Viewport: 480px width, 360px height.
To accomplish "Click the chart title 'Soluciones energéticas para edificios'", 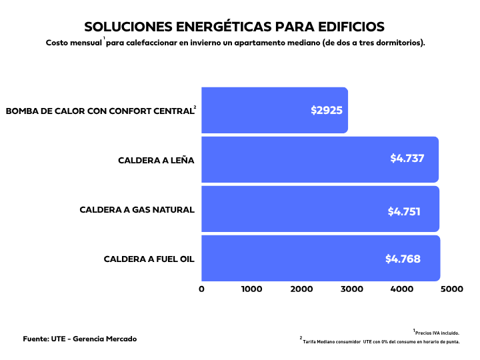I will (x=234, y=27).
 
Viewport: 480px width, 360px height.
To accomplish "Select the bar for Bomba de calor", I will (x=274, y=110).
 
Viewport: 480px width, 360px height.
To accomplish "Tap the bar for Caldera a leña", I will (x=319, y=159).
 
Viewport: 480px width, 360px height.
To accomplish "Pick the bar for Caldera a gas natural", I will (x=320, y=209).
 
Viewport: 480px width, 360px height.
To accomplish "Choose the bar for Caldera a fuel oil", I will (x=320, y=258).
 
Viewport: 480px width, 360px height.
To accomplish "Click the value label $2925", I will (x=327, y=110).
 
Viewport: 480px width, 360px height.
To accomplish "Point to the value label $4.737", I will (x=407, y=159).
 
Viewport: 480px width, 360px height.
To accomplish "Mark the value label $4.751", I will (x=404, y=211).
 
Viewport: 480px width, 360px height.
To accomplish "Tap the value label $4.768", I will (x=403, y=259).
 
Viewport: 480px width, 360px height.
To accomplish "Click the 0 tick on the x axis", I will (x=202, y=289).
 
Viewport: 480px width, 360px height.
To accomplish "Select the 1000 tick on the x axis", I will (x=251, y=289).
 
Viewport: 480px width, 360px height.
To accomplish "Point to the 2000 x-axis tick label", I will (x=301, y=289).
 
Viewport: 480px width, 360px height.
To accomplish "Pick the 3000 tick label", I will (x=351, y=289).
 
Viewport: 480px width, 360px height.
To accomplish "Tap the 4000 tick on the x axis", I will (x=402, y=289).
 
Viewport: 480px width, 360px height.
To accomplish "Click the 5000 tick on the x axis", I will (x=451, y=289).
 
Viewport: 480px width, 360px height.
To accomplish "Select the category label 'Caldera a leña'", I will (x=156, y=160).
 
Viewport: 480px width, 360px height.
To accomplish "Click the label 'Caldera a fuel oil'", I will (x=149, y=259).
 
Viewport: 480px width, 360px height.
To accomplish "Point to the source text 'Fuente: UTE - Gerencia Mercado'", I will (x=80, y=339).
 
